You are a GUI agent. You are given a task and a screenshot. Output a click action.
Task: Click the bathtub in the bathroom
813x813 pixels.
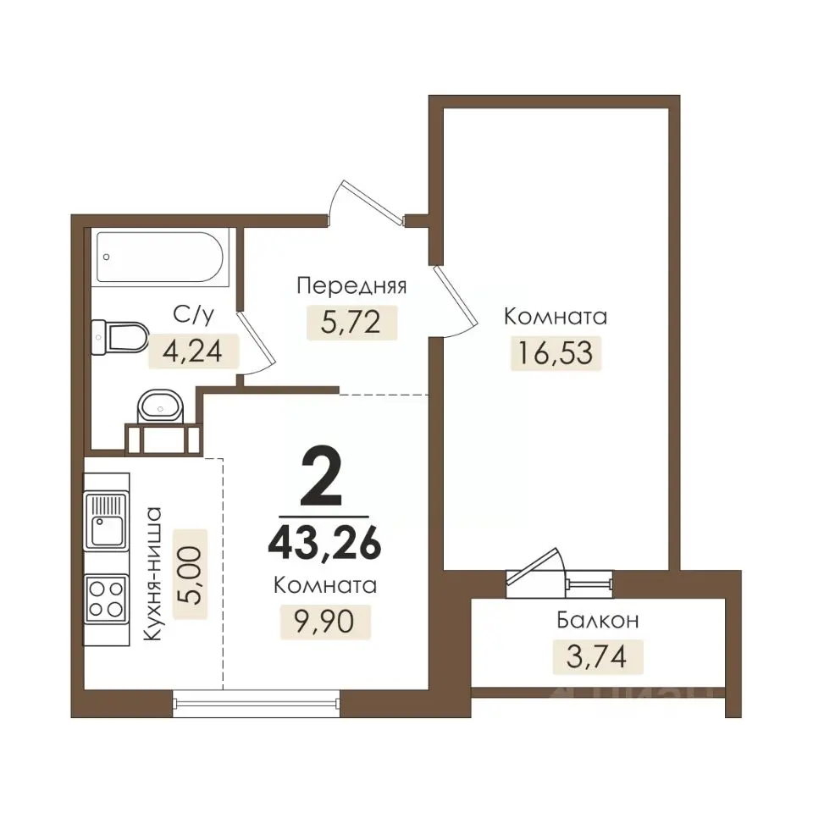coord(160,257)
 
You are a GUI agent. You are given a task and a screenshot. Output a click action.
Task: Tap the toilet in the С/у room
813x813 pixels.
coord(119,337)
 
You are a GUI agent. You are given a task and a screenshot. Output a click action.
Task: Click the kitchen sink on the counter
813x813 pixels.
coord(107,521)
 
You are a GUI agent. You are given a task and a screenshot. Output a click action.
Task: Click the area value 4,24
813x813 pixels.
coord(193,351)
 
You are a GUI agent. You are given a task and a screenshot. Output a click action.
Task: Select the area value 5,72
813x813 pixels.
coord(351,322)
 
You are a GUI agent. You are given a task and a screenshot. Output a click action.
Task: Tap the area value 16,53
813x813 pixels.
coord(556,353)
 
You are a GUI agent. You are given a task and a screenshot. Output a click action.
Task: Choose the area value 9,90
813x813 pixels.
coord(324,621)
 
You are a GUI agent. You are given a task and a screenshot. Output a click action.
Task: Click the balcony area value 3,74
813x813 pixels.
coord(597,656)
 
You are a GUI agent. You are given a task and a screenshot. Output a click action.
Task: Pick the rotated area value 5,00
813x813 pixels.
coord(190,575)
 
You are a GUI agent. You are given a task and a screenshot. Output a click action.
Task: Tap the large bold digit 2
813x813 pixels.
coord(322,476)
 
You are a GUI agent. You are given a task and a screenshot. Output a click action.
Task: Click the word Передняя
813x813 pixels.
coord(351,285)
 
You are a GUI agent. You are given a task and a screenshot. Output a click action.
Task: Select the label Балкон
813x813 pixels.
coord(598,620)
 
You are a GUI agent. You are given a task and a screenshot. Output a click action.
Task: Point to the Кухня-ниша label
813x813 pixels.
coord(152,573)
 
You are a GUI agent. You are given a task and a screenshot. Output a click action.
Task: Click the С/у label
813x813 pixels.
coord(193,314)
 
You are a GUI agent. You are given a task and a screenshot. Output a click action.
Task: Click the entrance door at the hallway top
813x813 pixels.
coord(366,203)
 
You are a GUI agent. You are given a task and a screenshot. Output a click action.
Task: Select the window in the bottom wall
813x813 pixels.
coord(256,703)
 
